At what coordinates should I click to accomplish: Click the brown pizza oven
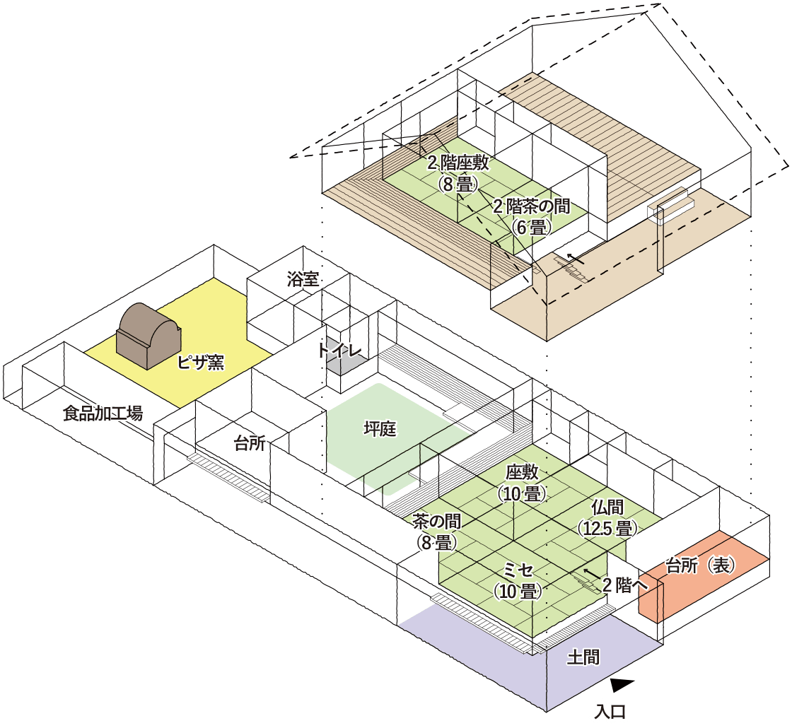149,336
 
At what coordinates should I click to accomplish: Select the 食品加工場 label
103,414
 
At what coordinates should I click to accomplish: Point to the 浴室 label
303,278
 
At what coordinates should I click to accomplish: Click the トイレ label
340,350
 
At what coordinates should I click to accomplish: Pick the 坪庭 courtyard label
379,428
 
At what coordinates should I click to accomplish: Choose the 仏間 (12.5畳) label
608,517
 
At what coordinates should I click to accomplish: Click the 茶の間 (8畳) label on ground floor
437,532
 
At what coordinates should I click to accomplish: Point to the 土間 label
583,658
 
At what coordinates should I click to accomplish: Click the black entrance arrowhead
622,684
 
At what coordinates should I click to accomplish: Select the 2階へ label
625,585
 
